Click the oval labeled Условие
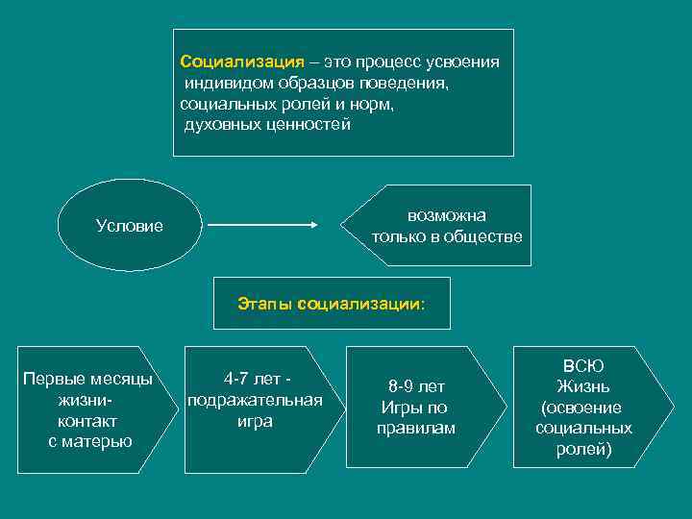pos(130,226)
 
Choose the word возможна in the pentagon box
pos(447,214)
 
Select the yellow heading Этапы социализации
pos(331,304)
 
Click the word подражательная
pos(255,400)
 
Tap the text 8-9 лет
pos(416,386)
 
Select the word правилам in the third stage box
pos(416,428)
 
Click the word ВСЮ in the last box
pos(583,365)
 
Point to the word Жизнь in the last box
pos(583,386)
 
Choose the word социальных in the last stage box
pos(583,428)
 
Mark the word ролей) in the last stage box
pos(583,449)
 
